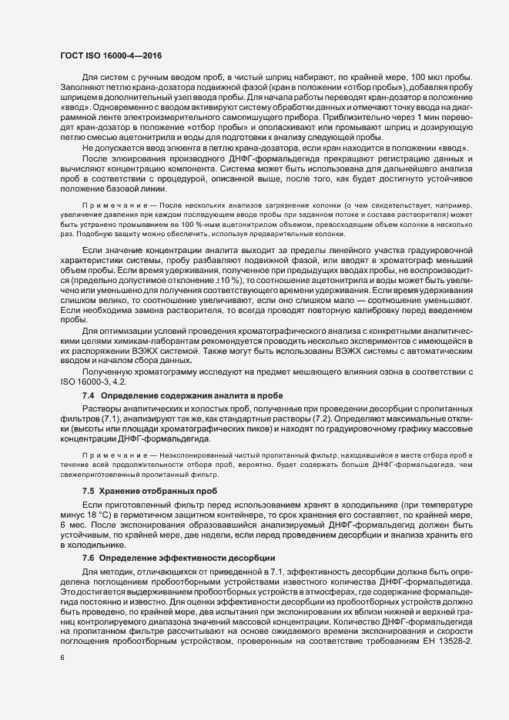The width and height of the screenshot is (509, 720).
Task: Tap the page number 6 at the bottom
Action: (x=62, y=658)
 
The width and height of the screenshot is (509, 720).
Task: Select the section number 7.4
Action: (x=88, y=395)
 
